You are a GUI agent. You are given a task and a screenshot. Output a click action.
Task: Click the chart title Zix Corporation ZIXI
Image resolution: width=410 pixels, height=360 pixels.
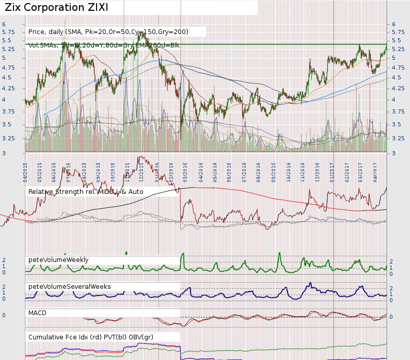point(64,8)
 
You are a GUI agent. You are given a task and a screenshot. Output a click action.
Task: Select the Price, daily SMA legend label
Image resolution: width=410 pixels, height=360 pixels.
point(108,32)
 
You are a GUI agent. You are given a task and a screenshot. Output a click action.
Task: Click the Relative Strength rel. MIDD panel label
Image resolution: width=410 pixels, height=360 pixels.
point(86,192)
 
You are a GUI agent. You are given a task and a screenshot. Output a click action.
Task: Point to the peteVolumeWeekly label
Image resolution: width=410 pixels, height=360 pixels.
point(58,259)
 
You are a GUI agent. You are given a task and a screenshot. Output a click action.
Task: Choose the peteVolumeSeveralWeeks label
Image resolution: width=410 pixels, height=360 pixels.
point(69,286)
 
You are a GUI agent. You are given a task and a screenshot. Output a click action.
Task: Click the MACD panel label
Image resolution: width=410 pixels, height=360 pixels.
point(38,313)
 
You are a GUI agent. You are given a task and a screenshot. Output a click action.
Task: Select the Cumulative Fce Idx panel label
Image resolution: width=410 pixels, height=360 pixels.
point(90,337)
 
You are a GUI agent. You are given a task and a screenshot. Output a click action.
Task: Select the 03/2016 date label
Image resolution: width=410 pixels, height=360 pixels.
point(185,171)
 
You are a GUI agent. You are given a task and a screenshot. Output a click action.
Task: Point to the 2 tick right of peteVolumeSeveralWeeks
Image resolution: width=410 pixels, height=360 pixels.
point(391,288)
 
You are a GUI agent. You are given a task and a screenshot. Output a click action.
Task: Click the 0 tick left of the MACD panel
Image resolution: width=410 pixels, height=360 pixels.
point(4,315)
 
